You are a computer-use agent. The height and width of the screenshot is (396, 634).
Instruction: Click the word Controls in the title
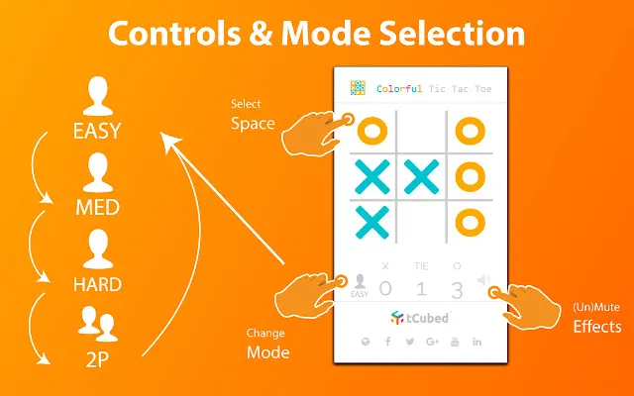tap(174, 33)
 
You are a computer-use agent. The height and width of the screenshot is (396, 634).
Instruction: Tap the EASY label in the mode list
tap(97, 131)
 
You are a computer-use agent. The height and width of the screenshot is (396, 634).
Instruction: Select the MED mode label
tap(97, 207)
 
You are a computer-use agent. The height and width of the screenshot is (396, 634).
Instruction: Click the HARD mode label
tap(97, 284)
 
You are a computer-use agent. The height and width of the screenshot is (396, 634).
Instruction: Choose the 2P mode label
tap(97, 359)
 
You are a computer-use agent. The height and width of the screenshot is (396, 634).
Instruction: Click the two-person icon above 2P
tap(98, 324)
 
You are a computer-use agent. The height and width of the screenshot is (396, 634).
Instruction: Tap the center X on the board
tap(421, 176)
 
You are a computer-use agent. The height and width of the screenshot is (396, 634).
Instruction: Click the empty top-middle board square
tap(421, 132)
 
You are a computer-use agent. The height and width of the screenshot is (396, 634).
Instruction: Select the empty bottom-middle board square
tap(421, 222)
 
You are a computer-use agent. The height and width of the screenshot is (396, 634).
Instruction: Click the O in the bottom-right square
tap(471, 222)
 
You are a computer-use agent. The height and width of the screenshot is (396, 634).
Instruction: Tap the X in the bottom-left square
tap(372, 222)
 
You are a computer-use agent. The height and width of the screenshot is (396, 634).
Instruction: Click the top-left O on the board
tap(372, 131)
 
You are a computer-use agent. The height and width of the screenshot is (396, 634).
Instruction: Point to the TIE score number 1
tap(421, 289)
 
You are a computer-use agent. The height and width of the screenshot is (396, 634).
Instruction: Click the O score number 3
tap(457, 289)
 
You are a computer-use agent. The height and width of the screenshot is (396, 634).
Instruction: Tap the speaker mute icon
tap(484, 279)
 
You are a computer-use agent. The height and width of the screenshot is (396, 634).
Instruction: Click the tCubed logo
tap(420, 318)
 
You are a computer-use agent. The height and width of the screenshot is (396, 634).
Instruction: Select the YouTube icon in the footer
tap(455, 342)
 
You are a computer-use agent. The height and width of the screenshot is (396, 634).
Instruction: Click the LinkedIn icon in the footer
tap(477, 342)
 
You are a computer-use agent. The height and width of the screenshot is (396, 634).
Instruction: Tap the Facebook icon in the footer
tap(388, 342)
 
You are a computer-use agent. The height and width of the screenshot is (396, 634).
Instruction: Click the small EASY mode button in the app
tap(360, 286)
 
